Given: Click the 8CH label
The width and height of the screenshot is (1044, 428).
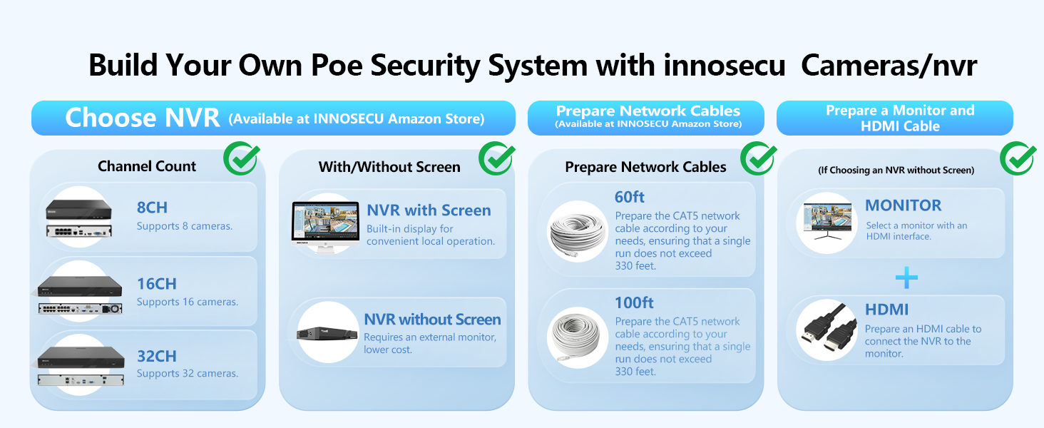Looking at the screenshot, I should (x=152, y=208).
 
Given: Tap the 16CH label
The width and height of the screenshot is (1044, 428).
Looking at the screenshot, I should (x=156, y=283).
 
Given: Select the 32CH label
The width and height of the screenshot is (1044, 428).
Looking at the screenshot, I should (x=156, y=356).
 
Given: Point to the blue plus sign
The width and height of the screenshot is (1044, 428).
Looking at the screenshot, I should (x=906, y=277).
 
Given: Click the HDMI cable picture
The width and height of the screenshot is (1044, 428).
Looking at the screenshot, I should (x=827, y=330).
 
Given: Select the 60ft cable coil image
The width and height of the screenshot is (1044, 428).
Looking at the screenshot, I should (x=578, y=231).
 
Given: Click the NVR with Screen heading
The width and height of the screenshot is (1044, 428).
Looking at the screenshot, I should (x=429, y=210).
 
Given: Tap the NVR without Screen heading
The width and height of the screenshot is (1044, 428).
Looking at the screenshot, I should (x=432, y=320).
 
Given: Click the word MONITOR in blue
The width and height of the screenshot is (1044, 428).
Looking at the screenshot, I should (x=903, y=205).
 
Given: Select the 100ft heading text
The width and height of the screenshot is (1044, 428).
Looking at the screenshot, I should (x=634, y=302).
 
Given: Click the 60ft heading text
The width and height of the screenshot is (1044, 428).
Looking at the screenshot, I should (x=630, y=197).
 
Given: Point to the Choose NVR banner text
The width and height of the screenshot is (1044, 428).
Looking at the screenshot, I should (x=143, y=118).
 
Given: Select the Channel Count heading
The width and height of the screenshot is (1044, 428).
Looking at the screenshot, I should (x=147, y=166).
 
